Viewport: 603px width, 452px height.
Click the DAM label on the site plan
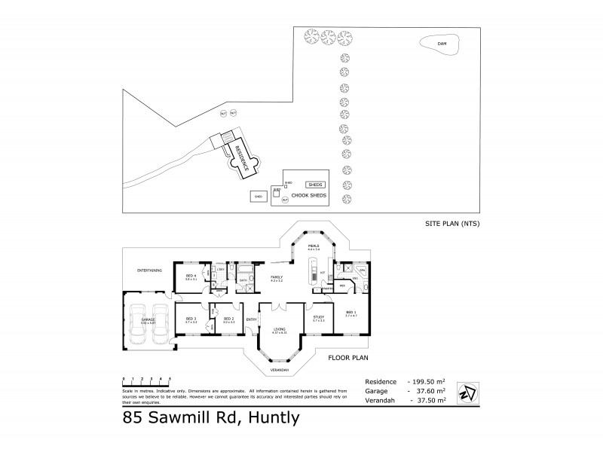442,44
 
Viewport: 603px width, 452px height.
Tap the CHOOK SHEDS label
309,195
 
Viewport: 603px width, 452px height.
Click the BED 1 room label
350,312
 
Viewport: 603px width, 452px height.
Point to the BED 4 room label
191,276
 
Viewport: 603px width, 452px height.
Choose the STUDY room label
318,317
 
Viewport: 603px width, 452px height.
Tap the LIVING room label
280,329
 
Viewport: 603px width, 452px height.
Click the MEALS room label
314,246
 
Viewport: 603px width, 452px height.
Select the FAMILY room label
277,278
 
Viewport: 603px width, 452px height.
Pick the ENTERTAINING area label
150,270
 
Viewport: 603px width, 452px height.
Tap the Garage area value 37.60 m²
430,391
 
